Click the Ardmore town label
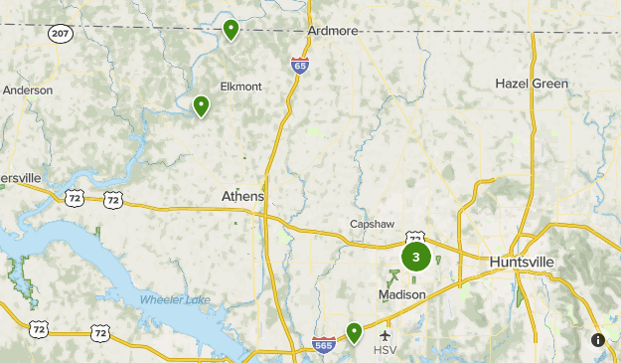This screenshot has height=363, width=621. (332, 31)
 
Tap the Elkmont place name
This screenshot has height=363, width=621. (240, 87)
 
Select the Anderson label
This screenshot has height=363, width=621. (27, 90)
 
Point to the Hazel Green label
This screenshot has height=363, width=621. (532, 84)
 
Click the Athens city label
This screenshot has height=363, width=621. (242, 197)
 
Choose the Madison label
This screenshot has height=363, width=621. (401, 295)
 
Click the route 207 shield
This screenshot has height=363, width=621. (59, 33)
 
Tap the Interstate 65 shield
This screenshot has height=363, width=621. (300, 65)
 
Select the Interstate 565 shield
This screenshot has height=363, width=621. (323, 345)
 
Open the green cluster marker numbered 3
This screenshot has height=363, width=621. (415, 258)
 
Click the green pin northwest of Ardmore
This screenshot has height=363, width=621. (231, 30)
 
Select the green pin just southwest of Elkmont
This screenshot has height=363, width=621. (201, 104)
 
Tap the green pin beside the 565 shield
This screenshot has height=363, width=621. (354, 332)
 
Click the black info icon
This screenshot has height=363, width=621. (598, 340)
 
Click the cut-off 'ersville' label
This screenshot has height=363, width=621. (20, 177)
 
